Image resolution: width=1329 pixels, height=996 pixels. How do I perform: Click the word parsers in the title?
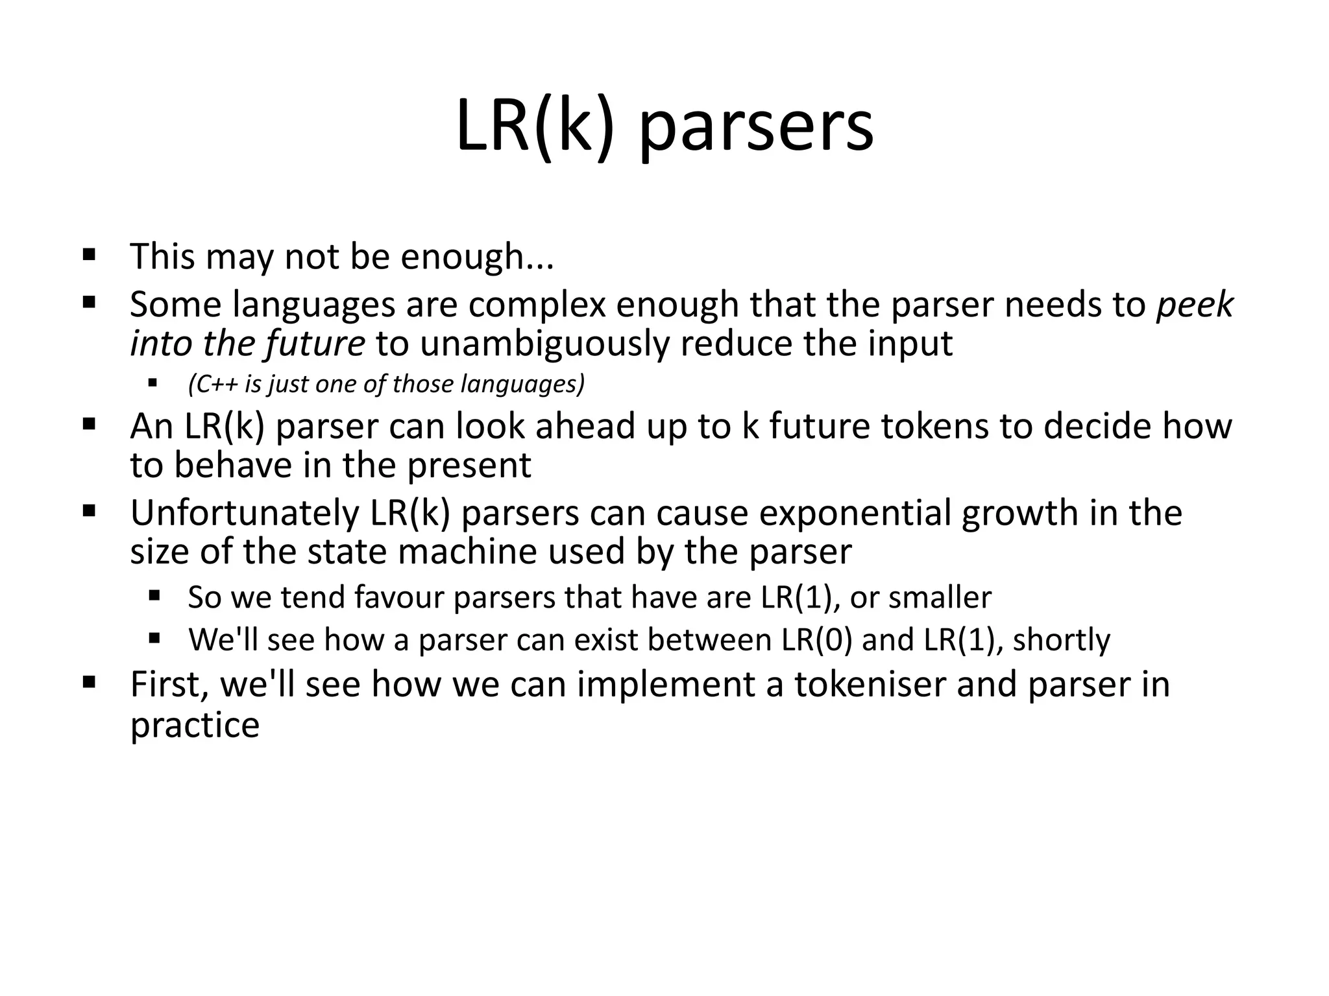point(757,127)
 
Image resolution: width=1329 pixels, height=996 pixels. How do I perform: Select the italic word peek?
point(1195,304)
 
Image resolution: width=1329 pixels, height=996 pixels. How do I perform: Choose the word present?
point(469,466)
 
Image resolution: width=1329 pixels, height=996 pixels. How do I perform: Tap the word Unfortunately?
point(245,513)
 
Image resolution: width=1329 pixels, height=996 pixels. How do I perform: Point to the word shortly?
point(1061,639)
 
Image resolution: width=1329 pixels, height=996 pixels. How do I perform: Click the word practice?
point(195,725)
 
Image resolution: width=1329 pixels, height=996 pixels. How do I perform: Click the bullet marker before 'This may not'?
point(89,253)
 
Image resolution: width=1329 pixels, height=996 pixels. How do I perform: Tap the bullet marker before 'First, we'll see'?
point(89,682)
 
